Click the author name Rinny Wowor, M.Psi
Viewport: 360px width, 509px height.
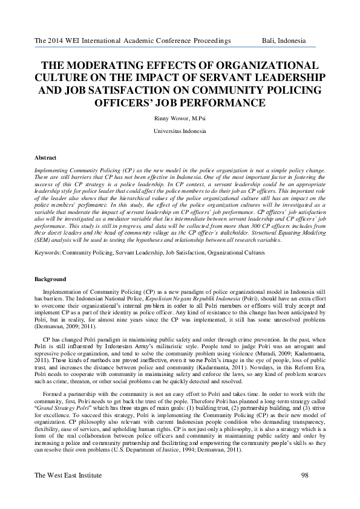tap(180, 118)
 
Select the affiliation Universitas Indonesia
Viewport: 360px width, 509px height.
tap(180, 131)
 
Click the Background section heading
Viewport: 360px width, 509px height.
tap(51, 279)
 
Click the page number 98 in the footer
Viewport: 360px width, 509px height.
tap(304, 476)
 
